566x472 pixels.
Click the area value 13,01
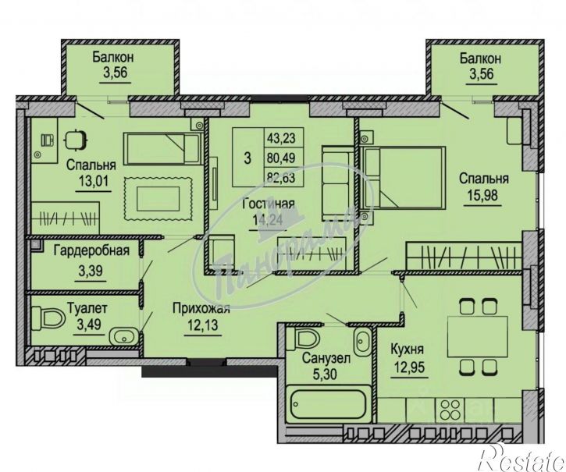pyautogui.click(x=93, y=180)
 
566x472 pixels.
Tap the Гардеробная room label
pyautogui.click(x=91, y=250)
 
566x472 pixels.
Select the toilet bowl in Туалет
pyautogui.click(x=48, y=318)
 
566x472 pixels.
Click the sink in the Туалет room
pyautogui.click(x=124, y=337)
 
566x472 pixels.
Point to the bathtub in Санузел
pyautogui.click(x=329, y=403)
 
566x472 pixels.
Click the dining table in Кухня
pyautogui.click(x=478, y=336)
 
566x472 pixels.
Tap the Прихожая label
pyautogui.click(x=201, y=308)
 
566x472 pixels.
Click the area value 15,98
pyautogui.click(x=482, y=195)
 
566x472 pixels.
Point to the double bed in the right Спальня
pyautogui.click(x=403, y=178)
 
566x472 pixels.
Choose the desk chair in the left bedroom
pyautogui.click(x=76, y=140)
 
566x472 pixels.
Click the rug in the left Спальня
pyautogui.click(x=158, y=198)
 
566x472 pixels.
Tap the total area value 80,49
pyautogui.click(x=281, y=158)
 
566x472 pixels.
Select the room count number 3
pyautogui.click(x=247, y=158)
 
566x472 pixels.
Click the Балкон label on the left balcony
pyautogui.click(x=113, y=57)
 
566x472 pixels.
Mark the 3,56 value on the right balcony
pyautogui.click(x=481, y=74)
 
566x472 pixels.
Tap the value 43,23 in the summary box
pyautogui.click(x=281, y=137)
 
